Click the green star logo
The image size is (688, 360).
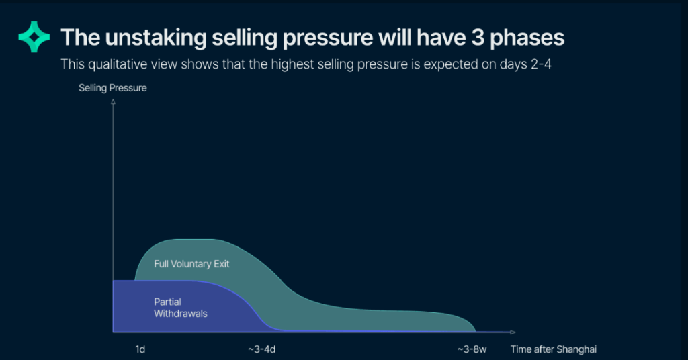tap(34, 37)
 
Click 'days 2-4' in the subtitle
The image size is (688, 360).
tap(528, 64)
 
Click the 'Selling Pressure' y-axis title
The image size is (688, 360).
tap(112, 88)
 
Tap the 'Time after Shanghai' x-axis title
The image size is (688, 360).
tap(553, 349)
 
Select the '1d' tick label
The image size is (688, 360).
tap(140, 349)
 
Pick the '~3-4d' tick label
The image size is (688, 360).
tap(262, 349)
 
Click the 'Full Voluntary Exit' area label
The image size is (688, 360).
tap(191, 264)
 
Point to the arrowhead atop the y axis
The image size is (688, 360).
tap(113, 102)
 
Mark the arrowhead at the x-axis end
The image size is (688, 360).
tap(513, 332)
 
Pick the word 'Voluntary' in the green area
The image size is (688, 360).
tap(191, 264)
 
